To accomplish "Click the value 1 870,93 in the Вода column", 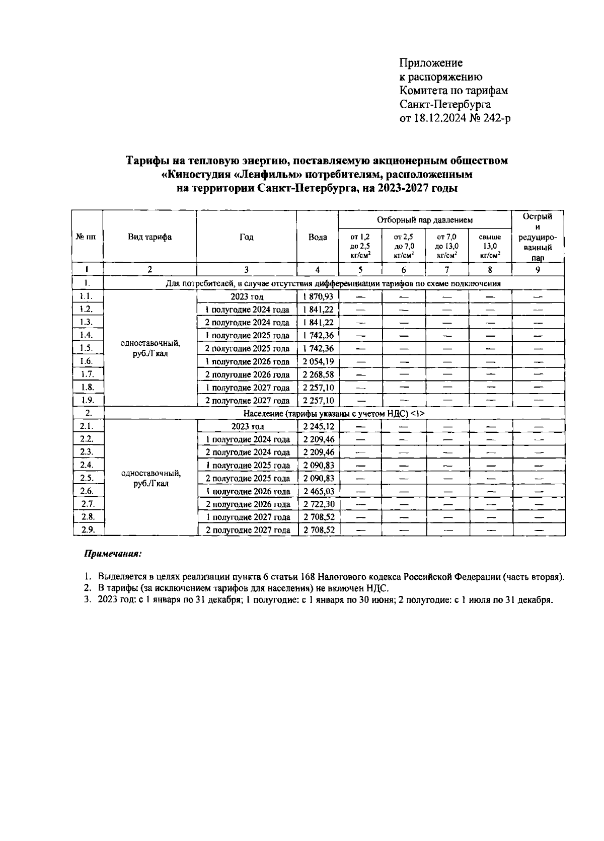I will pos(318,296).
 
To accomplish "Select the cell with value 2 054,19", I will pos(318,361).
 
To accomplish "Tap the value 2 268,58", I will pos(318,374).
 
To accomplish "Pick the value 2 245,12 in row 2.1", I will pos(318,426).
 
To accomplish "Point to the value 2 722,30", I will pos(318,504).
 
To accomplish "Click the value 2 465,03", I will pos(318,491).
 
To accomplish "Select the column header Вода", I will pos(317,237).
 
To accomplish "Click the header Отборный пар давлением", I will pos(425,220).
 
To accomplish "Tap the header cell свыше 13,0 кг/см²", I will pos(490,246).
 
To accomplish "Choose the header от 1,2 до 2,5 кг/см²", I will pos(360,246).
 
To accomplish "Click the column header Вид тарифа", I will pos(149,237).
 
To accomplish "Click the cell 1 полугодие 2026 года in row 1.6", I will pos(247,361).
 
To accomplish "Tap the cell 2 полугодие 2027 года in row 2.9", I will pos(248,530).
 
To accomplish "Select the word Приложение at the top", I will pos(430,63).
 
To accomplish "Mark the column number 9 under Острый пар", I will pos(538,269).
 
